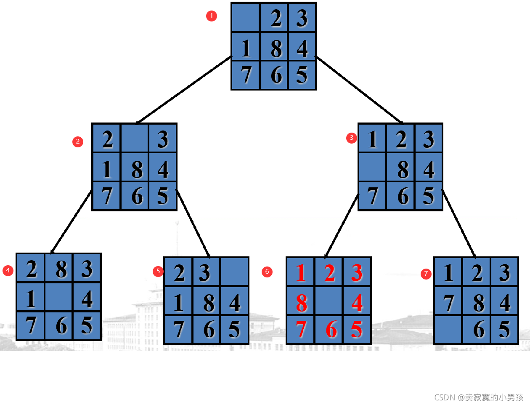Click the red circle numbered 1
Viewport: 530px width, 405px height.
pos(212,16)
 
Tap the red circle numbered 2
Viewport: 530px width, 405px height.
pos(77,141)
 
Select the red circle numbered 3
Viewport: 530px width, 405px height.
pos(352,138)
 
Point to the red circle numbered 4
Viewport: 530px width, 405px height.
pos(8,270)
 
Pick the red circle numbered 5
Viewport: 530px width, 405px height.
pos(158,271)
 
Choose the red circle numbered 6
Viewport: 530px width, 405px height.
pos(267,272)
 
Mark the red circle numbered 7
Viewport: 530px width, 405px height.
pos(426,274)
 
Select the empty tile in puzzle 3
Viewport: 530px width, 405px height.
pos(372,168)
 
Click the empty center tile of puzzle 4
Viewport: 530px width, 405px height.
pos(58,297)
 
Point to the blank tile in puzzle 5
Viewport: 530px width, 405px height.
pos(235,272)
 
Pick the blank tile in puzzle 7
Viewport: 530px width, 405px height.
pos(448,329)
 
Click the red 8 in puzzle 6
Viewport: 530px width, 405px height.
pos(301,302)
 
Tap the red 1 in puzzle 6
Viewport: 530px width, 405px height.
pos(300,272)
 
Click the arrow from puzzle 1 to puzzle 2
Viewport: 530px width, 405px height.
pos(184,90)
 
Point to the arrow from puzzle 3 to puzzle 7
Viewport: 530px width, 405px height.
pos(458,224)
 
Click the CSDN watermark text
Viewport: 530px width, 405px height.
pos(479,397)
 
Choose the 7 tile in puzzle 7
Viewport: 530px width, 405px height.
pos(448,302)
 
